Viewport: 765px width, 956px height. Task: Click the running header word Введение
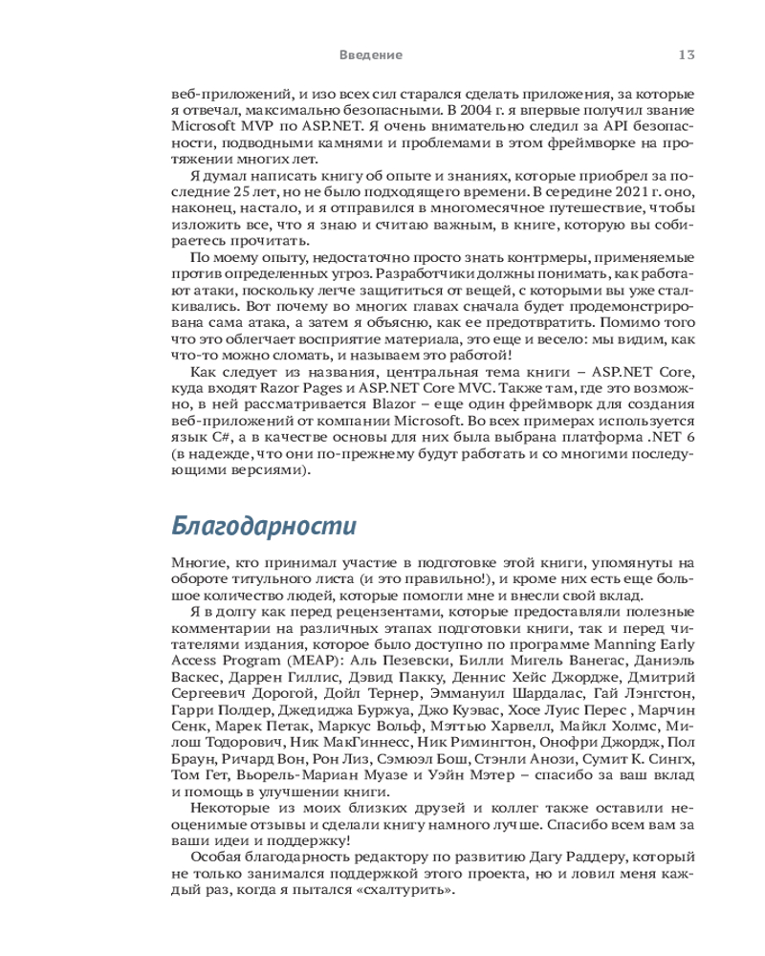click(370, 54)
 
